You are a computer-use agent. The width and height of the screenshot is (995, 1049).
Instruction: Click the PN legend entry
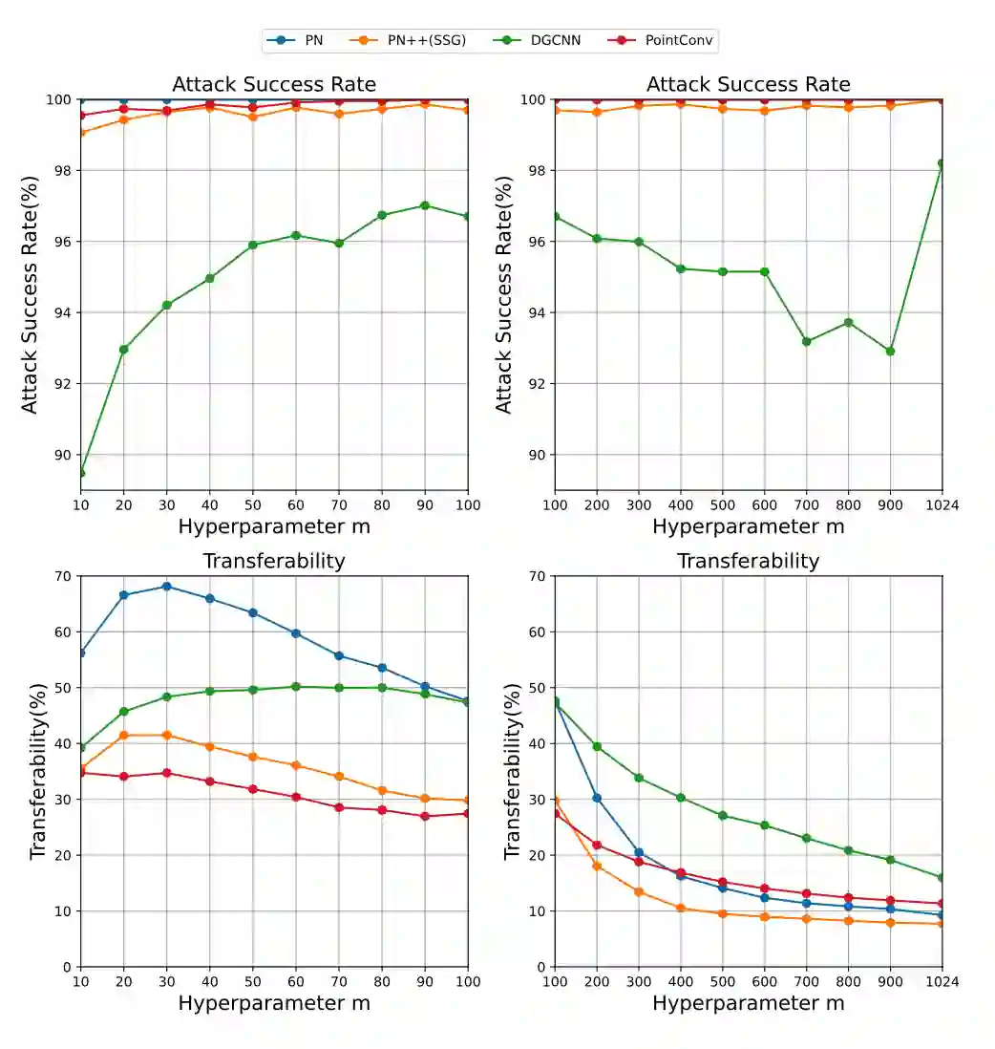point(297,40)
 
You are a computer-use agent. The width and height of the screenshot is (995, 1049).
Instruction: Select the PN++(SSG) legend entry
point(420,40)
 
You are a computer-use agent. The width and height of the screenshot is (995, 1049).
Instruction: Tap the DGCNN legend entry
point(545,40)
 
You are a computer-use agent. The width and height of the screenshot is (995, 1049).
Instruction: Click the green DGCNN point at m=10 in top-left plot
point(81,473)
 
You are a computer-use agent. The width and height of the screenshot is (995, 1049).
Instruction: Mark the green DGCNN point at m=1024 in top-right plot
point(942,163)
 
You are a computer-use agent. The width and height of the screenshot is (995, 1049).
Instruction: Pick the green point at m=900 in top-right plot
point(890,351)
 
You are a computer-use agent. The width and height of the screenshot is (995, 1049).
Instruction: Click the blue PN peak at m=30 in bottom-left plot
point(167,587)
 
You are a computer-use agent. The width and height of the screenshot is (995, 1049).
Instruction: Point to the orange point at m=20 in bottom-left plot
point(124,735)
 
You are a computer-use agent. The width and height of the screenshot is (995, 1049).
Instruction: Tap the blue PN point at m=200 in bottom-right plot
point(597,798)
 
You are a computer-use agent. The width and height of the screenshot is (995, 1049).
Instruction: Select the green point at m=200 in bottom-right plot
point(597,746)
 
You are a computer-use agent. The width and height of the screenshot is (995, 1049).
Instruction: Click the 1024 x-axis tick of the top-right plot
point(942,503)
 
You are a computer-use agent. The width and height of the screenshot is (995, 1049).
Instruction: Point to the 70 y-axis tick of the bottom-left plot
point(63,576)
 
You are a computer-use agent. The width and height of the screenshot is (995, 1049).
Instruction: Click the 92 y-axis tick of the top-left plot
point(63,384)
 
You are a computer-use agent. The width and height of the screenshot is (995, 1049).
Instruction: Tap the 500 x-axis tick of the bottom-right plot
point(722,981)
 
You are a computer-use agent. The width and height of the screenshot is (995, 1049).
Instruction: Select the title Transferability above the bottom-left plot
point(274,561)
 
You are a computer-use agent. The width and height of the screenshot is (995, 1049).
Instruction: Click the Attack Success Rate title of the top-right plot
point(748,84)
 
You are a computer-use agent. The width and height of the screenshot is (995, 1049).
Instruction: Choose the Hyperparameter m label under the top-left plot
point(274,526)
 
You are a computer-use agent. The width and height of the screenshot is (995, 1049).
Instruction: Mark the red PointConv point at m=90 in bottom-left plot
point(425,816)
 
